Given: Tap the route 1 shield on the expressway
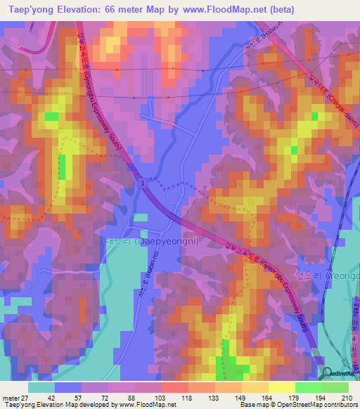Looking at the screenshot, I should coord(143,183).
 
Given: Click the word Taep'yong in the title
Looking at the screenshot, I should coord(32,10).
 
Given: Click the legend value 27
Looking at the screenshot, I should coord(27,398).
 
